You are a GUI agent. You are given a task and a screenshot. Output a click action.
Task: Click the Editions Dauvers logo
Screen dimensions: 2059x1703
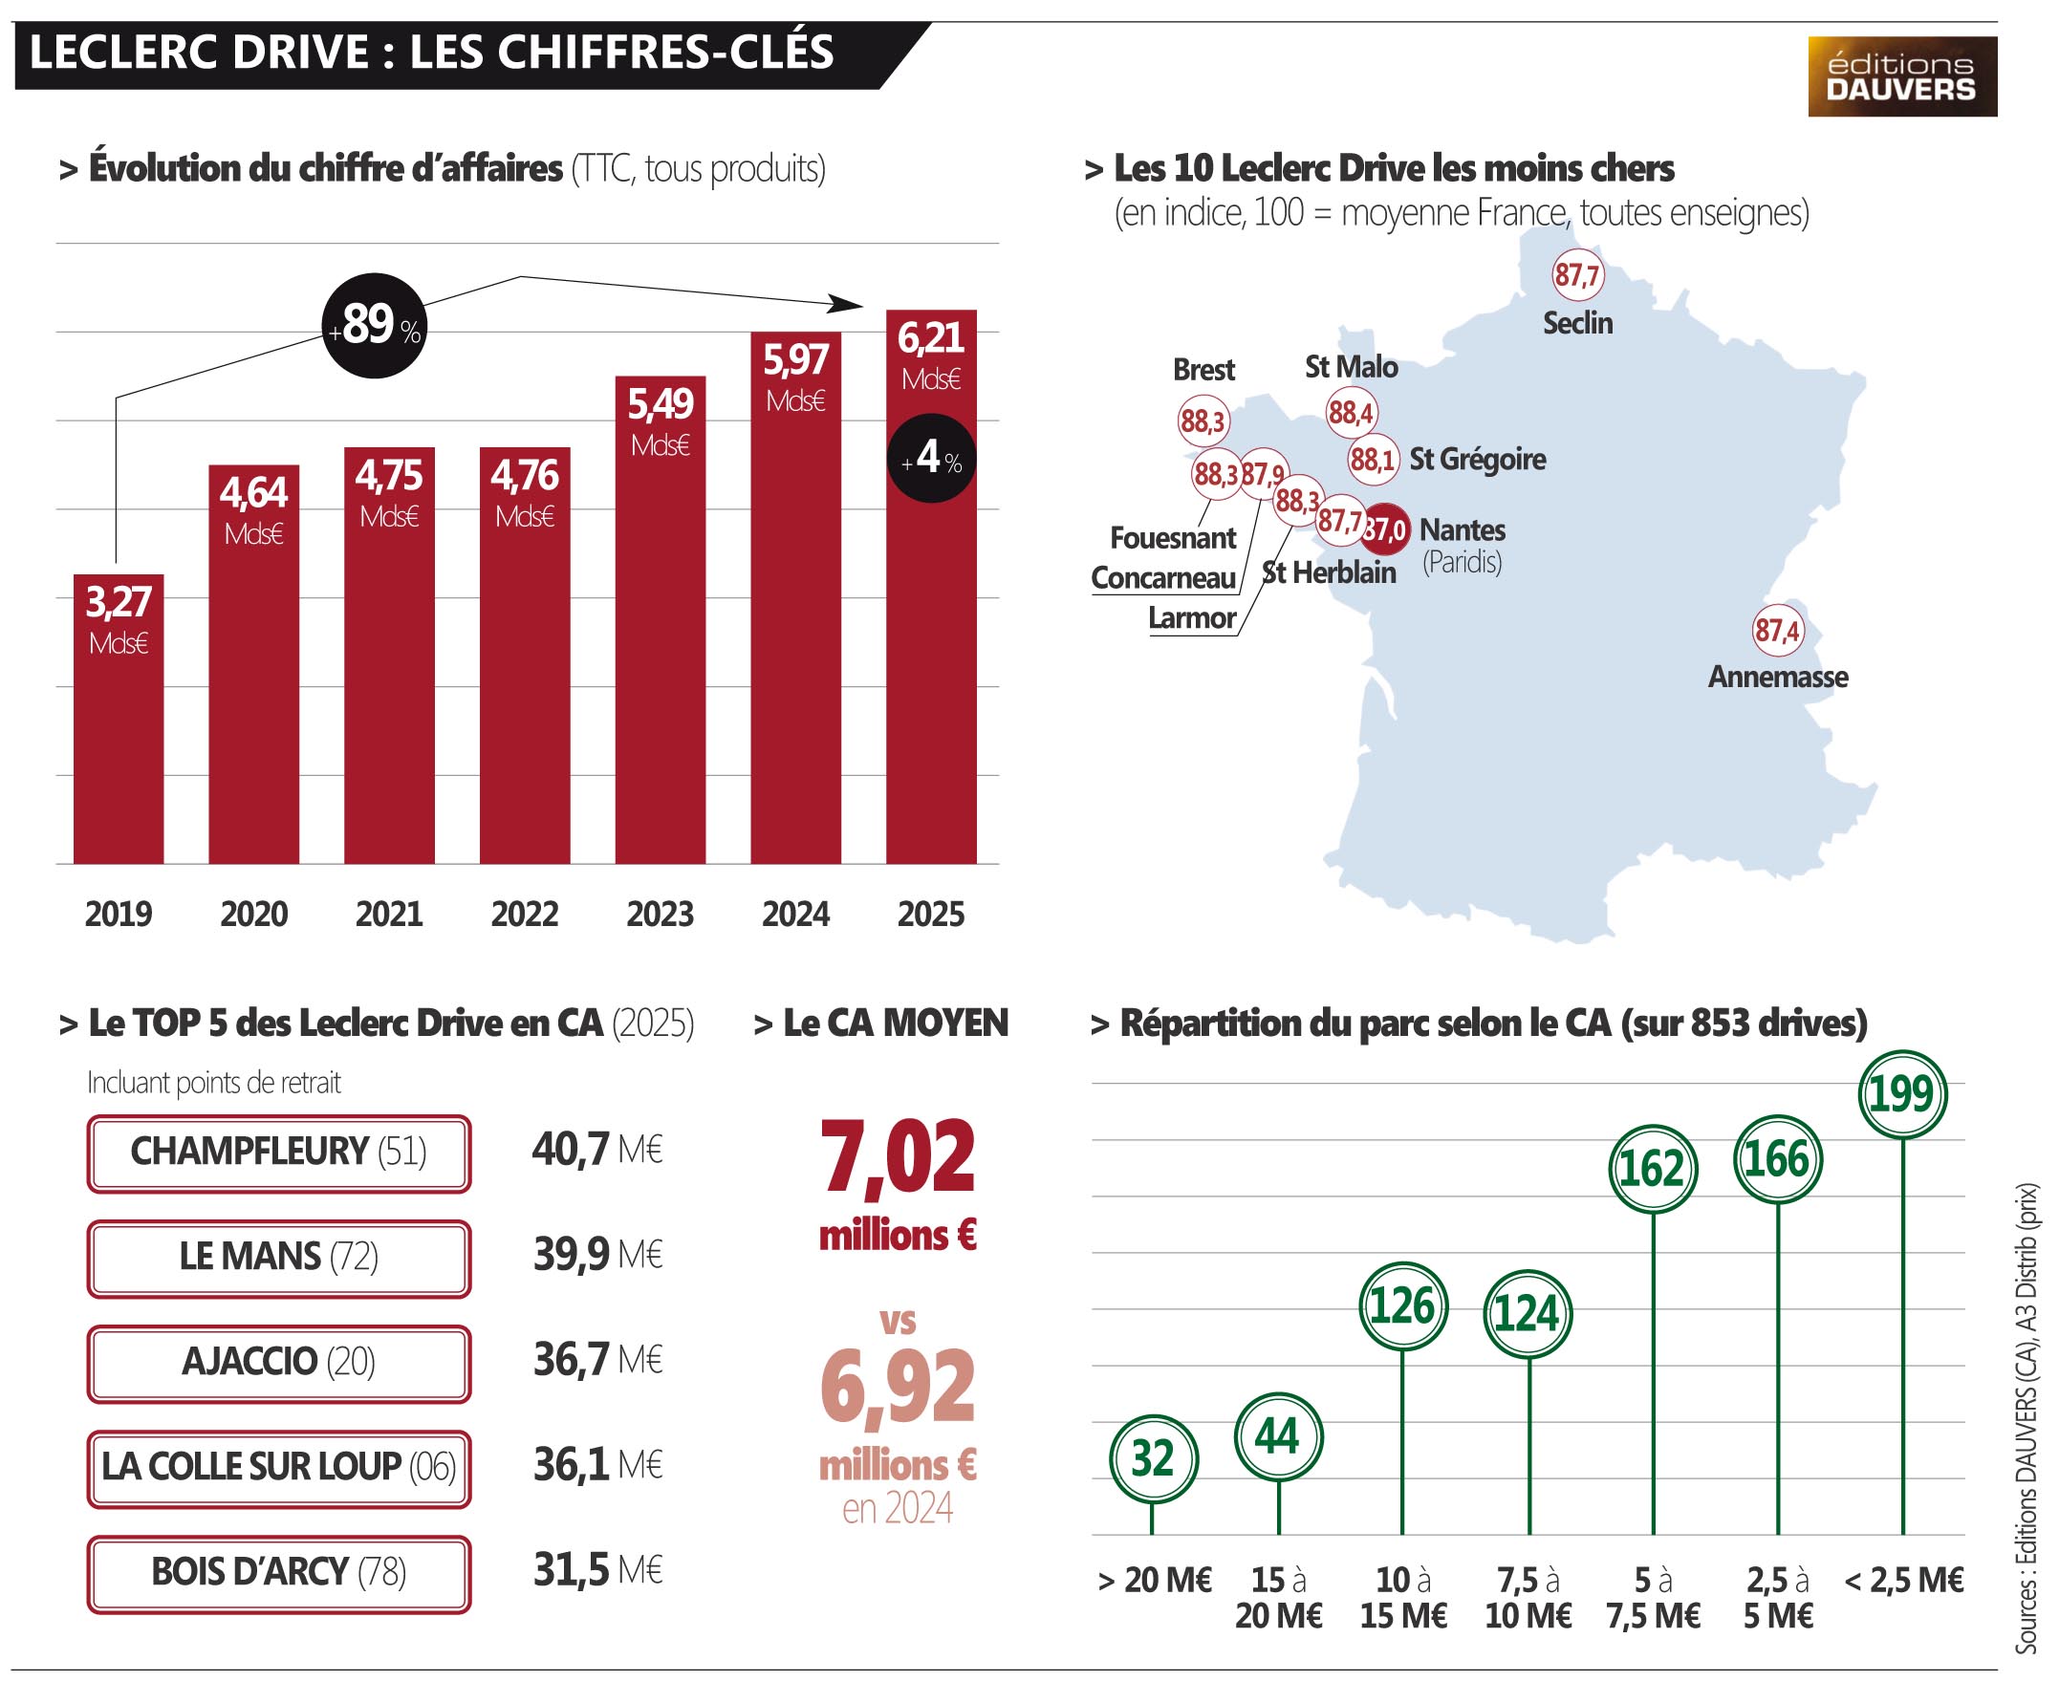[1902, 76]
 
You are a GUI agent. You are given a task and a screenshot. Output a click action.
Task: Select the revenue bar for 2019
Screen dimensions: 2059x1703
[119, 719]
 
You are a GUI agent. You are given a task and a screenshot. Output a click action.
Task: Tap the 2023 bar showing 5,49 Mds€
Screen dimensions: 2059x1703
[660, 619]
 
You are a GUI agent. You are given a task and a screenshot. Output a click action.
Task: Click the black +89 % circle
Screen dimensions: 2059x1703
[375, 326]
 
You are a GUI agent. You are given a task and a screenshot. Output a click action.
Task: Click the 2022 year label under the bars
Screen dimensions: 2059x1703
[525, 914]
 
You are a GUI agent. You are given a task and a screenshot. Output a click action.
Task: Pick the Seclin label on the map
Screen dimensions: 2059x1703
[1577, 323]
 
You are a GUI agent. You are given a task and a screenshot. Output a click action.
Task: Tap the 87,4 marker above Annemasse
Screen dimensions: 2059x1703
[1778, 630]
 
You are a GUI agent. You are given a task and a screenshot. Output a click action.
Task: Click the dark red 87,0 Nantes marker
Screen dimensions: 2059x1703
[1386, 529]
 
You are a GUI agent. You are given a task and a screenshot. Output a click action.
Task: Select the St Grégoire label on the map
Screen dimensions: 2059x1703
[1478, 459]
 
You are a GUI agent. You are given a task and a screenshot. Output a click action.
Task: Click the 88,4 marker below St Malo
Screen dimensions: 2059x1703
[1351, 412]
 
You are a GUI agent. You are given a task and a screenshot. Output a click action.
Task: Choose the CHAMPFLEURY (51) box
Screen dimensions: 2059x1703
[279, 1153]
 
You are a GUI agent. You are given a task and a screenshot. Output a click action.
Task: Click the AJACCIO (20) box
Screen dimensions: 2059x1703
[279, 1363]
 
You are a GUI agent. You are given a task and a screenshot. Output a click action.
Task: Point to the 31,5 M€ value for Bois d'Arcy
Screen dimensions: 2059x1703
[598, 1569]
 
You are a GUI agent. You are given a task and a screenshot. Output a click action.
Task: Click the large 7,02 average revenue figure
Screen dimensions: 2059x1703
[899, 1158]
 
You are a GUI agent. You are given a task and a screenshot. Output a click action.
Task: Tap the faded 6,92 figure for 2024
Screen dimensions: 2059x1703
[899, 1387]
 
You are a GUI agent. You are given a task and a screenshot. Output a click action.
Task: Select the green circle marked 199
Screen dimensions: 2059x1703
[1902, 1094]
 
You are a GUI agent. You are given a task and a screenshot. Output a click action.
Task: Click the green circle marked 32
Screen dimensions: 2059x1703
[1154, 1459]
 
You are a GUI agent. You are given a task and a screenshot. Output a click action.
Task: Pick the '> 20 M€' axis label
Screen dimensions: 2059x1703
[1155, 1581]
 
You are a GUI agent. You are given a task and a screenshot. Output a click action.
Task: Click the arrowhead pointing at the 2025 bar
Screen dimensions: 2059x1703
[845, 304]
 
